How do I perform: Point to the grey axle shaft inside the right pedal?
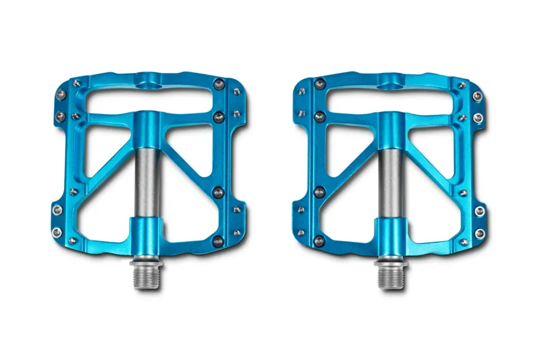pos(390,179)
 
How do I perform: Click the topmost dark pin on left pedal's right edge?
pos(217,84)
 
